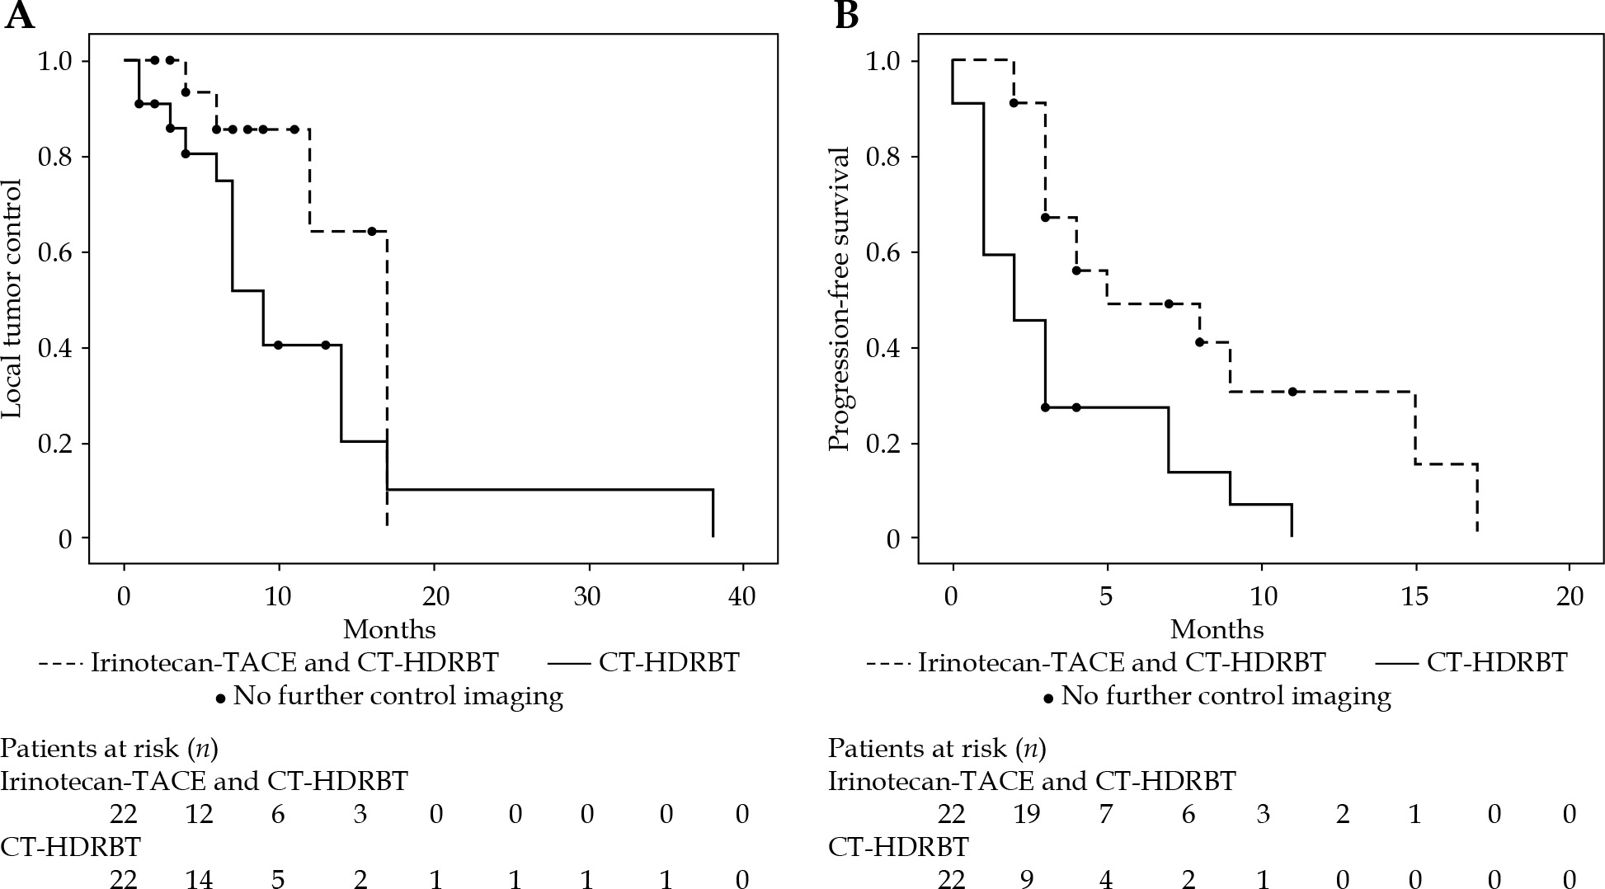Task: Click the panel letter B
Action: point(846,16)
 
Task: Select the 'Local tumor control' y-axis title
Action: point(15,300)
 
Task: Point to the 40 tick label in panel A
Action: point(743,596)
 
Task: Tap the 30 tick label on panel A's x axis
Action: point(589,596)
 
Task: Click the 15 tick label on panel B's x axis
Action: point(1414,596)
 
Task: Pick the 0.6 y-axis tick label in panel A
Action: point(56,252)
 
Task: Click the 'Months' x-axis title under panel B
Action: point(1217,630)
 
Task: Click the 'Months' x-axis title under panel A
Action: point(389,630)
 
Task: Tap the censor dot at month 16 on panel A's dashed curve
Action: point(372,232)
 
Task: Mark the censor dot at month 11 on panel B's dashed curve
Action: point(1292,392)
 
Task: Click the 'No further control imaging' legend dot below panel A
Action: point(220,698)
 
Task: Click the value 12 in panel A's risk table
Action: point(200,815)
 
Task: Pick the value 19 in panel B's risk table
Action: point(1027,815)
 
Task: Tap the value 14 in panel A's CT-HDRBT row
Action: point(200,880)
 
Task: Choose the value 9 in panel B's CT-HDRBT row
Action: point(1027,880)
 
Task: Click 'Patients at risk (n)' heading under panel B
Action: point(937,749)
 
